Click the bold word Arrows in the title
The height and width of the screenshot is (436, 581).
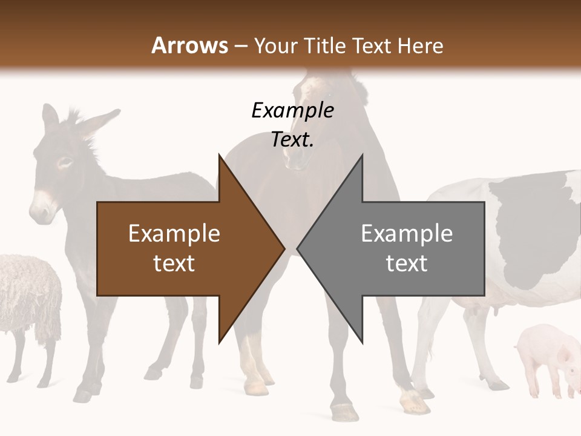(x=189, y=45)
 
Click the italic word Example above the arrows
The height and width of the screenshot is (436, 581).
(x=292, y=110)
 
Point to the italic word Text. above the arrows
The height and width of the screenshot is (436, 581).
(x=292, y=140)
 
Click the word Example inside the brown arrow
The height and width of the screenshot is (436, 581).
(x=174, y=234)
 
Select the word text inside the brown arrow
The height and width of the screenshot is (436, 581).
(x=174, y=263)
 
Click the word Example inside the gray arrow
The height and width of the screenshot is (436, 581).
(x=407, y=234)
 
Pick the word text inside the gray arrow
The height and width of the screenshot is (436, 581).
(x=407, y=263)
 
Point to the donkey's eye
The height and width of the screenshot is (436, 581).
(x=64, y=162)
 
